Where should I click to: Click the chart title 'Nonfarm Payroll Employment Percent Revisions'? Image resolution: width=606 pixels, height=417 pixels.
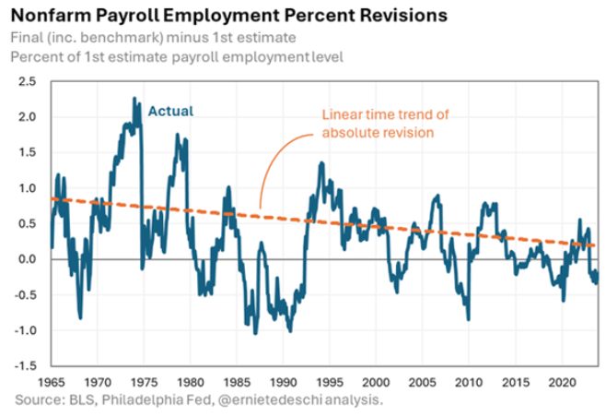(230, 16)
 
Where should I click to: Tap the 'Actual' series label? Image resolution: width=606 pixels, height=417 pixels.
(170, 112)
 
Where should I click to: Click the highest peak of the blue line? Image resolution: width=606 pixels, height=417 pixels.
(134, 98)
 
